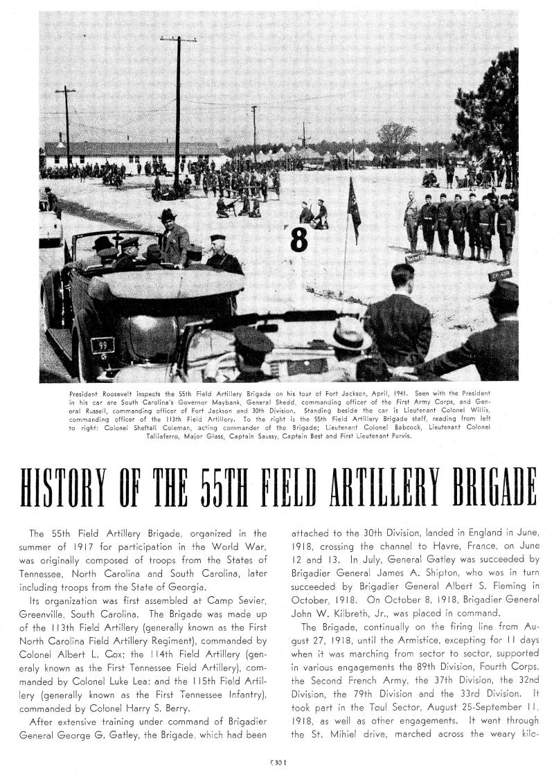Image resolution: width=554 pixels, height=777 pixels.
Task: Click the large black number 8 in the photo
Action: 298,240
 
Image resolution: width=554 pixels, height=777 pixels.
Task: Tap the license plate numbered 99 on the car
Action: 102,343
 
